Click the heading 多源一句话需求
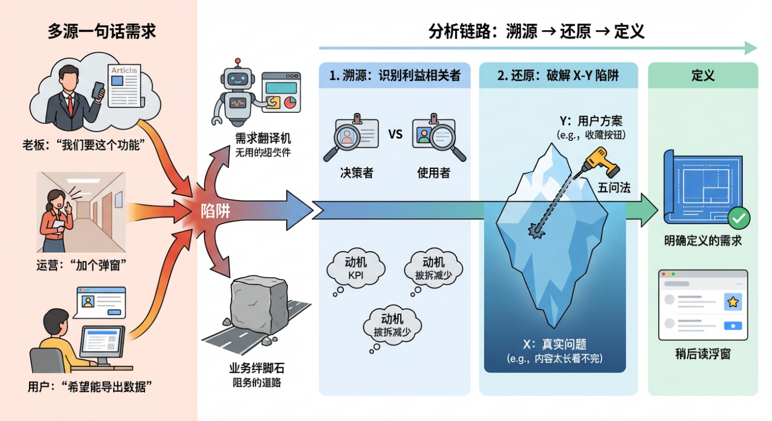(x=102, y=31)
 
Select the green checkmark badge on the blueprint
(x=739, y=219)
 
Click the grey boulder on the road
(x=258, y=305)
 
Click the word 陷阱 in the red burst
(x=216, y=211)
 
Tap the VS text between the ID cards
(x=395, y=134)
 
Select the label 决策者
(x=356, y=173)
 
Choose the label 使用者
(x=433, y=173)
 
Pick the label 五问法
(x=614, y=188)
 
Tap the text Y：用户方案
(x=591, y=121)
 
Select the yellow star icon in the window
(x=732, y=302)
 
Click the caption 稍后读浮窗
(x=703, y=354)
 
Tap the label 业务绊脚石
(x=254, y=368)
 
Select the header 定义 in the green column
(x=703, y=75)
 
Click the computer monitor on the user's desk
(x=101, y=343)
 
